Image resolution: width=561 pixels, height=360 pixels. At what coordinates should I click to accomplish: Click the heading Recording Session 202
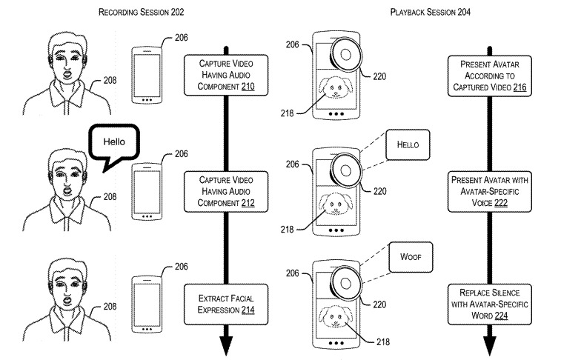tap(141, 12)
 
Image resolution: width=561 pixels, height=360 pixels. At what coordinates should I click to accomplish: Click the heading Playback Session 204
tap(430, 12)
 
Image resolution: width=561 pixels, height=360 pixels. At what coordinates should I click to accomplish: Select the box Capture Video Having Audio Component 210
tap(226, 75)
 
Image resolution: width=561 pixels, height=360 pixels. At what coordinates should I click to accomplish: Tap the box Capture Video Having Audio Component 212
tap(226, 192)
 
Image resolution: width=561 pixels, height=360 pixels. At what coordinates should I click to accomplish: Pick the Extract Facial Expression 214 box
tap(226, 304)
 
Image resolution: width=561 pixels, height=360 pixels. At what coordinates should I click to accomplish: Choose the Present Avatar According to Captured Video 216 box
tap(490, 76)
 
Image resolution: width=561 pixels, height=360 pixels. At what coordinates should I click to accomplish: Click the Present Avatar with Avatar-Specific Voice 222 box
tap(490, 192)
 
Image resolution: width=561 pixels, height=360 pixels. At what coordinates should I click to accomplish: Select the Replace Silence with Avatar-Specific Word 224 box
tap(490, 304)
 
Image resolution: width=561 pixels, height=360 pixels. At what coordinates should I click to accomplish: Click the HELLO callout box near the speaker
tap(408, 144)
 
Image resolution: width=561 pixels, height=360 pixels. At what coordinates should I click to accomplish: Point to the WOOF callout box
tap(411, 257)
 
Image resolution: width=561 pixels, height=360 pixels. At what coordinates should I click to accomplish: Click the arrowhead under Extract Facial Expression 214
tap(226, 346)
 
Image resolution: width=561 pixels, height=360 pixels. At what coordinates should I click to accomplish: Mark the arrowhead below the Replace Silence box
tap(490, 346)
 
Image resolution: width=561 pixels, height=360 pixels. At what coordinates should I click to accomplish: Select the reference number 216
tap(519, 87)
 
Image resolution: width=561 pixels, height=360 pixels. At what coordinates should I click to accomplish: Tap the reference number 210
tap(248, 87)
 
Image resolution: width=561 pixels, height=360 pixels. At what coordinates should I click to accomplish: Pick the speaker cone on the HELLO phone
tap(345, 170)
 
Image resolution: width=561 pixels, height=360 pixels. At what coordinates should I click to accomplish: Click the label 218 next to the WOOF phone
tap(383, 342)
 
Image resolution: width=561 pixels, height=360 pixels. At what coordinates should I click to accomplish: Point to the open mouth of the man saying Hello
tap(67, 190)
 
